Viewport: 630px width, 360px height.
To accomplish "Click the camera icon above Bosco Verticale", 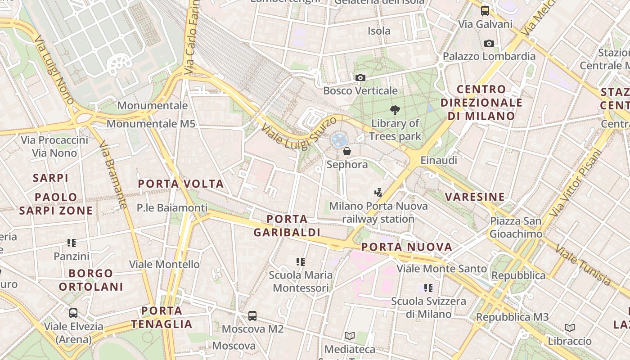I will pos(360,77).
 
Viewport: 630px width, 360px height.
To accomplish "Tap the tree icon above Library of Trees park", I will pos(395,110).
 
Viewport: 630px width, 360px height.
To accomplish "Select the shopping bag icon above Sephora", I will pos(347,151).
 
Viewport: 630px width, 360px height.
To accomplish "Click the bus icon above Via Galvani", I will pos(485,10).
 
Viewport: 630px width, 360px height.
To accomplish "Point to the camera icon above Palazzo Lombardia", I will pos(489,43).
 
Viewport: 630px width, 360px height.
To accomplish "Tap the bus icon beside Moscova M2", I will pos(252,316).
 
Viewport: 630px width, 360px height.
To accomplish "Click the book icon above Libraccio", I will pos(570,328).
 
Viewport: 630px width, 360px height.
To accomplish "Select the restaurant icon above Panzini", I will pos(72,243).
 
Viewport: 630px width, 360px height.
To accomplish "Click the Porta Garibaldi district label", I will pos(287,226).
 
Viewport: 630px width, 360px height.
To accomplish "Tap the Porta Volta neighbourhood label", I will pos(180,184).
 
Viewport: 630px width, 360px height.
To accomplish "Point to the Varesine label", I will pos(475,197).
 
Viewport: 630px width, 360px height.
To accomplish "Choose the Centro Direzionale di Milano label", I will pos(481,103).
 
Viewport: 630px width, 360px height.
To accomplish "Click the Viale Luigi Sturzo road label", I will pos(298,133).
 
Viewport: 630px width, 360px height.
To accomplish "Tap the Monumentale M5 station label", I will pos(151,123).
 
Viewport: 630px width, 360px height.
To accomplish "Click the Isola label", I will pos(379,31).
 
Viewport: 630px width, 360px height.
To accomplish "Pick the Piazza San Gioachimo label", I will pos(516,227).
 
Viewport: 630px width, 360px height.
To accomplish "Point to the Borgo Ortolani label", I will pos(91,280).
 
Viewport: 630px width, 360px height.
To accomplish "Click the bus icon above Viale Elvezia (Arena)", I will pos(73,313).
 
